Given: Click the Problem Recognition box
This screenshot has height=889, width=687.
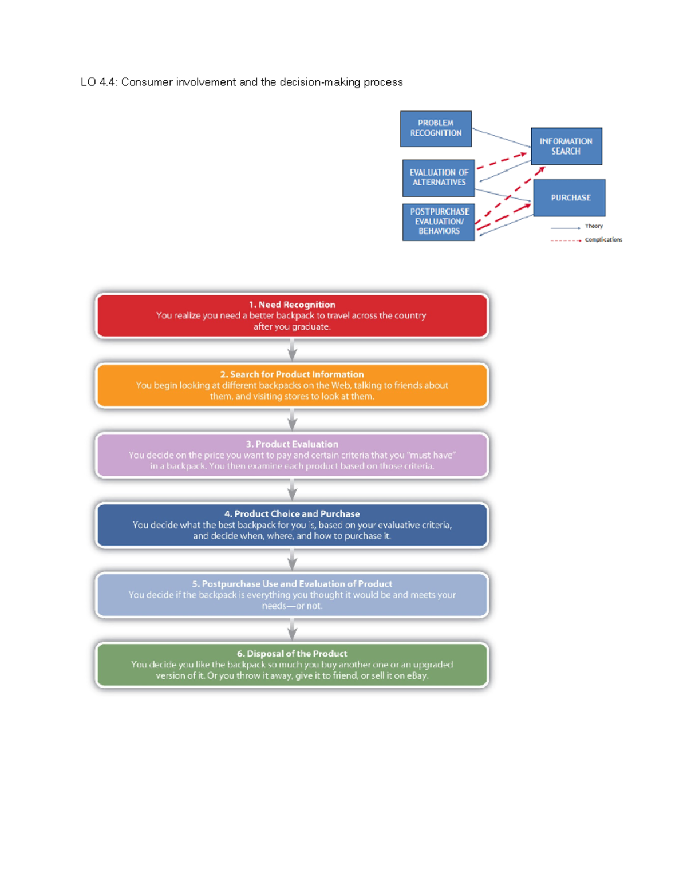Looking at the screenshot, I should [436, 128].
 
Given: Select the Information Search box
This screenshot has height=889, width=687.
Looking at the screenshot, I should [566, 146].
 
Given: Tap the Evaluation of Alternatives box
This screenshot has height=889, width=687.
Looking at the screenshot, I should [439, 177].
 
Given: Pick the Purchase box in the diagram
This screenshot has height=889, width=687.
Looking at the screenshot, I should [570, 197].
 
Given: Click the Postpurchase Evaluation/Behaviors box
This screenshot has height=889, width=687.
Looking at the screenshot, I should [439, 222].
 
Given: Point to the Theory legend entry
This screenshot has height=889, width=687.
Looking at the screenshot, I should [593, 226].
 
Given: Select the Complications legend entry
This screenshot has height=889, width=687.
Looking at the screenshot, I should [603, 240].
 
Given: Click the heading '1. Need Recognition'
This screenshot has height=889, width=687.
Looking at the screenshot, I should [292, 305].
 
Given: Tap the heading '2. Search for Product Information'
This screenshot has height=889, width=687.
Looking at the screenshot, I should [292, 374].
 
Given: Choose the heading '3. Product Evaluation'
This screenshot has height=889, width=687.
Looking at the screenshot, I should [292, 444].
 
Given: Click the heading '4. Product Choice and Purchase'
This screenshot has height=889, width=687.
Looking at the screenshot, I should [292, 514].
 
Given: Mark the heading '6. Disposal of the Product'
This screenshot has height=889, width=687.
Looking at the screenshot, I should [292, 654].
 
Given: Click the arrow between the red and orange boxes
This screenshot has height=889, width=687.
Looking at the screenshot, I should [292, 350].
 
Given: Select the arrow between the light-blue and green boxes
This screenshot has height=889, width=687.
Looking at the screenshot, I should [292, 630].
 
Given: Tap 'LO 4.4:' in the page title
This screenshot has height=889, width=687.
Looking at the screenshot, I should [99, 82].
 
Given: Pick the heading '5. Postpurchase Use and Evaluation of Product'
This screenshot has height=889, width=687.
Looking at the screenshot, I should [292, 584].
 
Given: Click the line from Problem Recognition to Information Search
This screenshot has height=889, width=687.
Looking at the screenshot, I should [501, 137].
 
